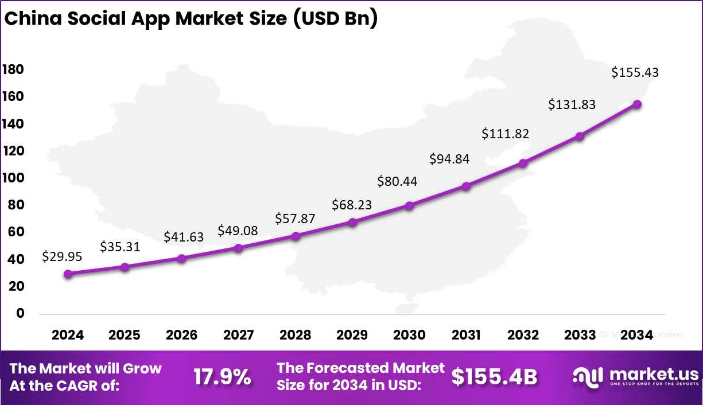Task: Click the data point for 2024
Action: point(68,274)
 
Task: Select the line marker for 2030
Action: point(409,205)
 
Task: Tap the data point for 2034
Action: point(637,104)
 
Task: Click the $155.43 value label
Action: point(635,73)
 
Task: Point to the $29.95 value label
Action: point(62,257)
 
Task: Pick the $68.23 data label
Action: point(352,205)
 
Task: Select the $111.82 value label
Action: point(505,134)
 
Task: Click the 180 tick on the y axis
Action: point(13,69)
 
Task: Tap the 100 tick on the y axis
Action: point(13,178)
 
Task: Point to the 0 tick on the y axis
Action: point(20,313)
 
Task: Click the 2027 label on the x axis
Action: point(238,335)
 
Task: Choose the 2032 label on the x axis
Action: point(523,335)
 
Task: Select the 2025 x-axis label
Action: point(125,335)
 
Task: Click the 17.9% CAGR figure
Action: point(222,377)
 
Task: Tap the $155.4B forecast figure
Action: point(494,377)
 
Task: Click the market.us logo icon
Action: point(588,376)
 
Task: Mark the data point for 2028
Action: point(296,236)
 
